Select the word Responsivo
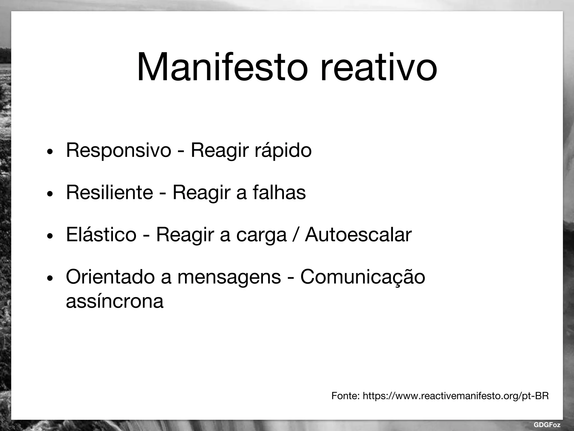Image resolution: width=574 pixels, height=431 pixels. pyautogui.click(x=118, y=150)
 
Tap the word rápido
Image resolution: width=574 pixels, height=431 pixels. pyautogui.click(x=283, y=150)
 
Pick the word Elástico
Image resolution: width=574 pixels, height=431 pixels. pyautogui.click(x=101, y=235)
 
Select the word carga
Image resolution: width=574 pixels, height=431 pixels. pyautogui.click(x=261, y=235)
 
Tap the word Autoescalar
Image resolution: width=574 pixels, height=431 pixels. pyautogui.click(x=358, y=235)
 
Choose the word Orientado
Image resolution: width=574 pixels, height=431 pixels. pyautogui.click(x=110, y=277)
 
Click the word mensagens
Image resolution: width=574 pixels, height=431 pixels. pyautogui.click(x=229, y=277)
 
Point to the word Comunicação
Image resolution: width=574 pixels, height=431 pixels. pyautogui.click(x=363, y=277)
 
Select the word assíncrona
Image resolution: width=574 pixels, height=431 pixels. pyautogui.click(x=114, y=301)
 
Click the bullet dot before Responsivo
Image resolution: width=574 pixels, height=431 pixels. pyautogui.click(x=50, y=152)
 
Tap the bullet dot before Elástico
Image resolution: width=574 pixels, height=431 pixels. pyautogui.click(x=50, y=236)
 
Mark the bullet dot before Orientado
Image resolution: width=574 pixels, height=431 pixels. pyautogui.click(x=50, y=278)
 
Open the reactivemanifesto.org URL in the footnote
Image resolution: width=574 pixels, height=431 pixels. pyautogui.click(x=456, y=396)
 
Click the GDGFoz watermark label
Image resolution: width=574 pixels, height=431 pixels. pyautogui.click(x=547, y=425)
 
